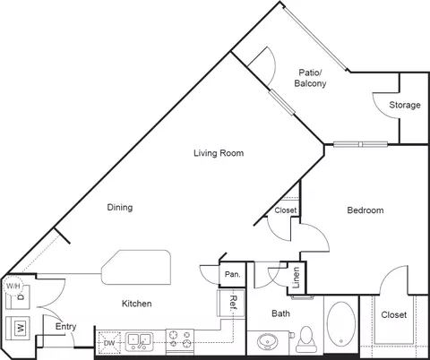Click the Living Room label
(219, 153)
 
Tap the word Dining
(120, 208)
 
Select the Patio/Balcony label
(310, 78)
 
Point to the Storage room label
(405, 105)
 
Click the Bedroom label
(365, 210)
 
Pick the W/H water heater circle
(13, 287)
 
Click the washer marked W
(18, 328)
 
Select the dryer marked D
(19, 297)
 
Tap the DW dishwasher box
(109, 343)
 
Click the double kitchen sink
(139, 341)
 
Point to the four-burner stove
(180, 340)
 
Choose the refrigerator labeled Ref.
(231, 303)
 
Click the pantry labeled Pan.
(232, 274)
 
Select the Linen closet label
(296, 278)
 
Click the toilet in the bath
(305, 339)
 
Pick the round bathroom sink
(268, 342)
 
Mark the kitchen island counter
(136, 267)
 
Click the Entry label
(65, 327)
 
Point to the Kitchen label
(137, 304)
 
